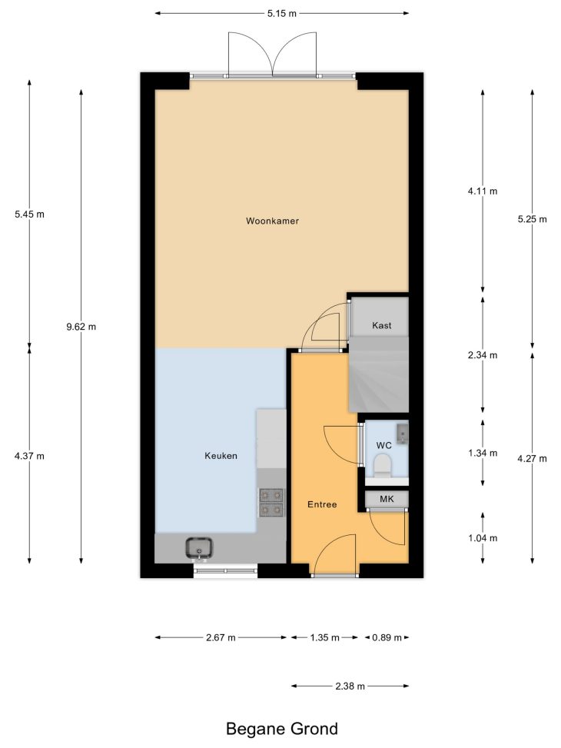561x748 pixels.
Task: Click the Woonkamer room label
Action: pyautogui.click(x=272, y=221)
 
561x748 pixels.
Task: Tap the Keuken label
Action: pyautogui.click(x=221, y=456)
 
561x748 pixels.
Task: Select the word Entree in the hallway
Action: pyautogui.click(x=322, y=504)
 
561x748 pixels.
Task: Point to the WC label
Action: pyautogui.click(x=384, y=445)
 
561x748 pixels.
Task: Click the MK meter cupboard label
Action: pyautogui.click(x=387, y=499)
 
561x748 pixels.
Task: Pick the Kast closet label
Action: pyautogui.click(x=382, y=325)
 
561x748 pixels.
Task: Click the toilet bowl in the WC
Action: pyautogui.click(x=382, y=466)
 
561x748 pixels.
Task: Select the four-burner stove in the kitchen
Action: pyautogui.click(x=271, y=503)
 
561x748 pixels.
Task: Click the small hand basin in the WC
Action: pyautogui.click(x=403, y=432)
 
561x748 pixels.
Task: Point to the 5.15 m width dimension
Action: pyautogui.click(x=282, y=13)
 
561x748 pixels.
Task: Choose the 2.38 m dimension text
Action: pyautogui.click(x=350, y=686)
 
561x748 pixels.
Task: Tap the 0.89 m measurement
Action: pyautogui.click(x=387, y=637)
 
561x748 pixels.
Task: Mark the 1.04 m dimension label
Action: pyautogui.click(x=483, y=538)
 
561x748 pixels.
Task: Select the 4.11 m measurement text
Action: pyautogui.click(x=483, y=191)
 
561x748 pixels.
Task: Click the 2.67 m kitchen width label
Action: pyautogui.click(x=221, y=637)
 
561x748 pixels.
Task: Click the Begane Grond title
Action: pyautogui.click(x=282, y=729)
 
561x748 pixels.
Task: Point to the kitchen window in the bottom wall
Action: pyautogui.click(x=225, y=570)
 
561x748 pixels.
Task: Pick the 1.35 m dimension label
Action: pyautogui.click(x=325, y=637)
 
